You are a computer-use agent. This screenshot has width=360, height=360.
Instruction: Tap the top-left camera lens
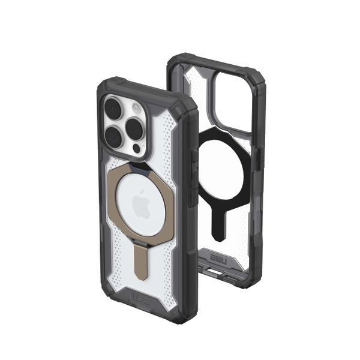(x=114, y=109)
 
